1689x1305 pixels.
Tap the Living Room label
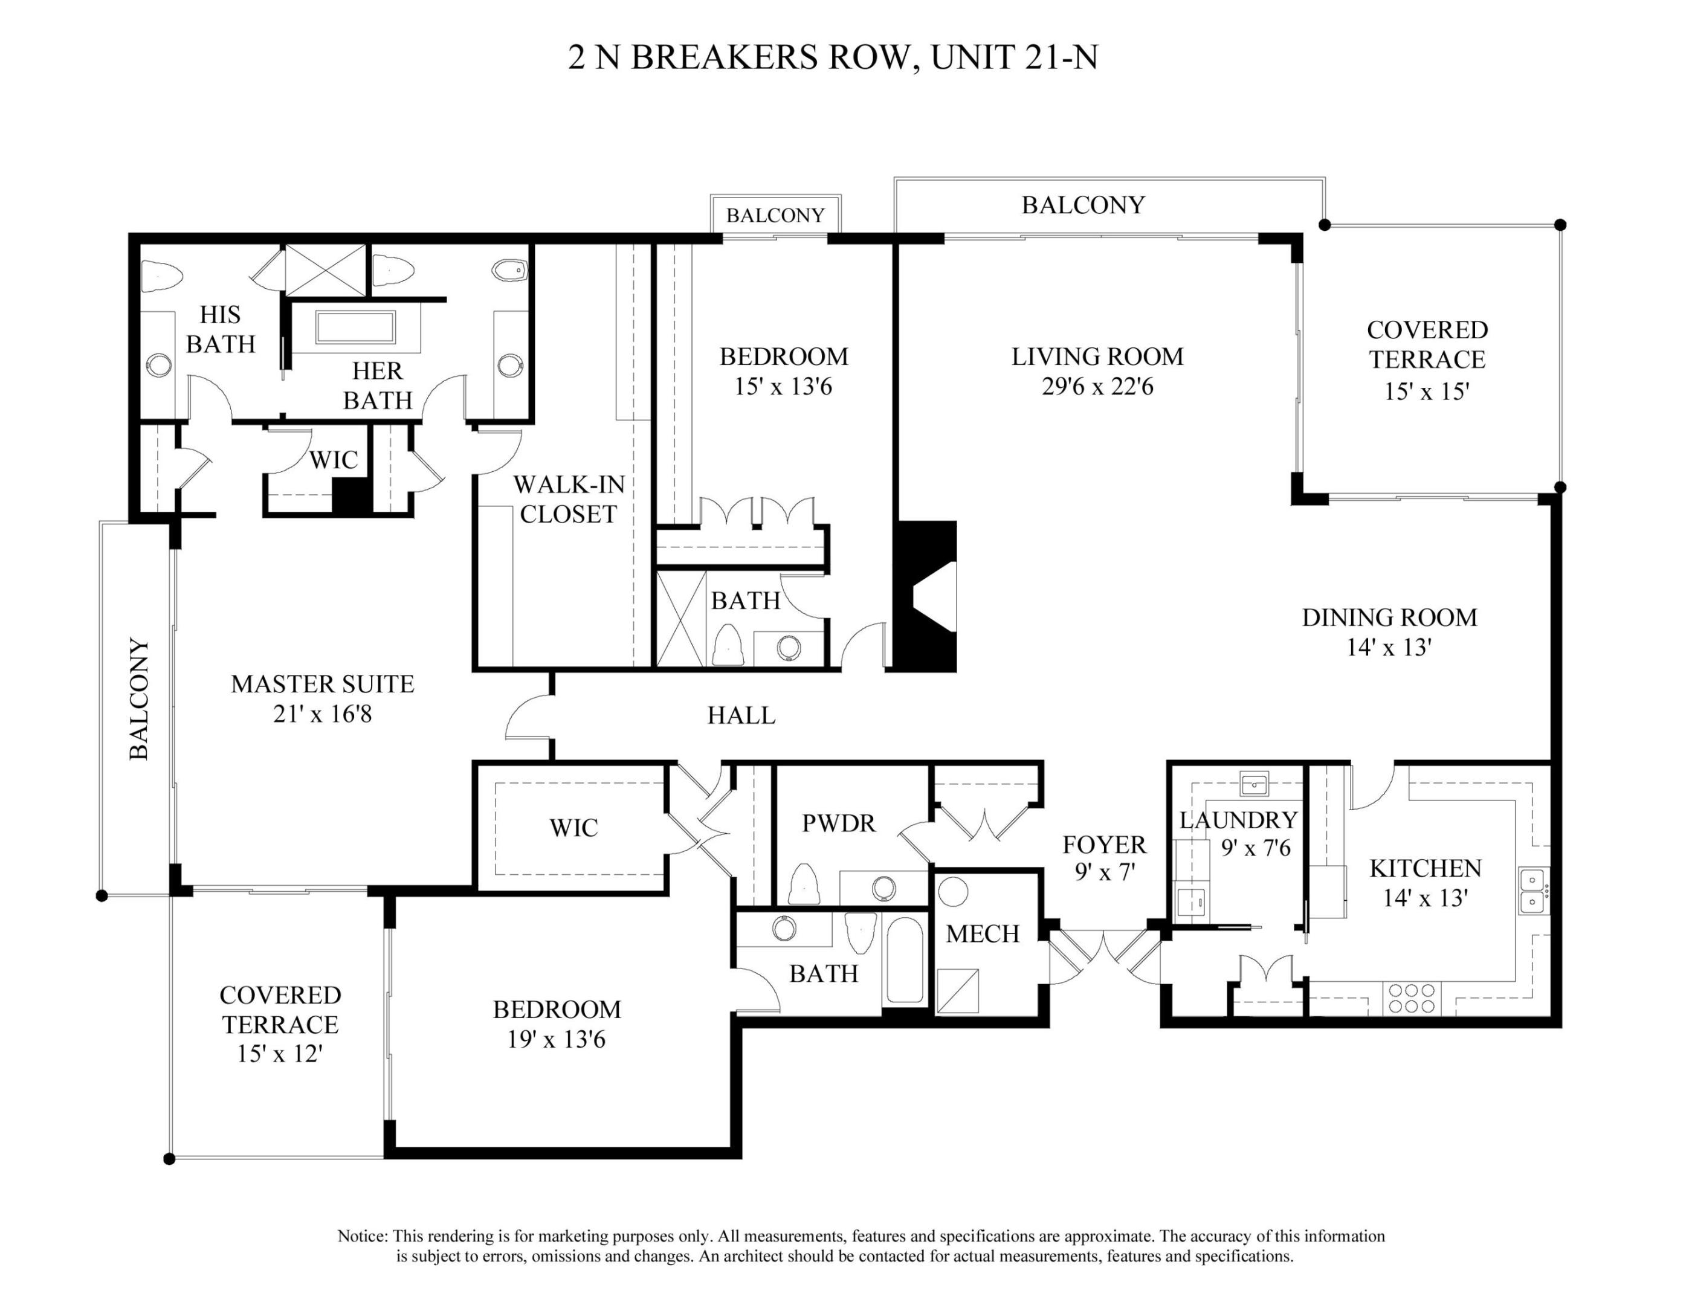click(1097, 356)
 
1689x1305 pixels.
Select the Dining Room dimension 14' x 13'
click(1389, 647)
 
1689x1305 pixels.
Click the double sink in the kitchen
click(1532, 891)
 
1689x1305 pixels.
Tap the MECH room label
click(982, 934)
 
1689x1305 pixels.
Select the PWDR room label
click(838, 823)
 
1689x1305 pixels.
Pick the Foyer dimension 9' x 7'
click(1105, 872)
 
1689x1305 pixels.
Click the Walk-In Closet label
click(569, 498)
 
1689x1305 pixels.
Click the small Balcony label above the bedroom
click(775, 215)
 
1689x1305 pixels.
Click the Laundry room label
click(1238, 819)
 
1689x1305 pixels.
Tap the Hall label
click(741, 715)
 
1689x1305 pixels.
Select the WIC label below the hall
click(573, 828)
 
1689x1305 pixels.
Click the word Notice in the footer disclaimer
click(363, 1236)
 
